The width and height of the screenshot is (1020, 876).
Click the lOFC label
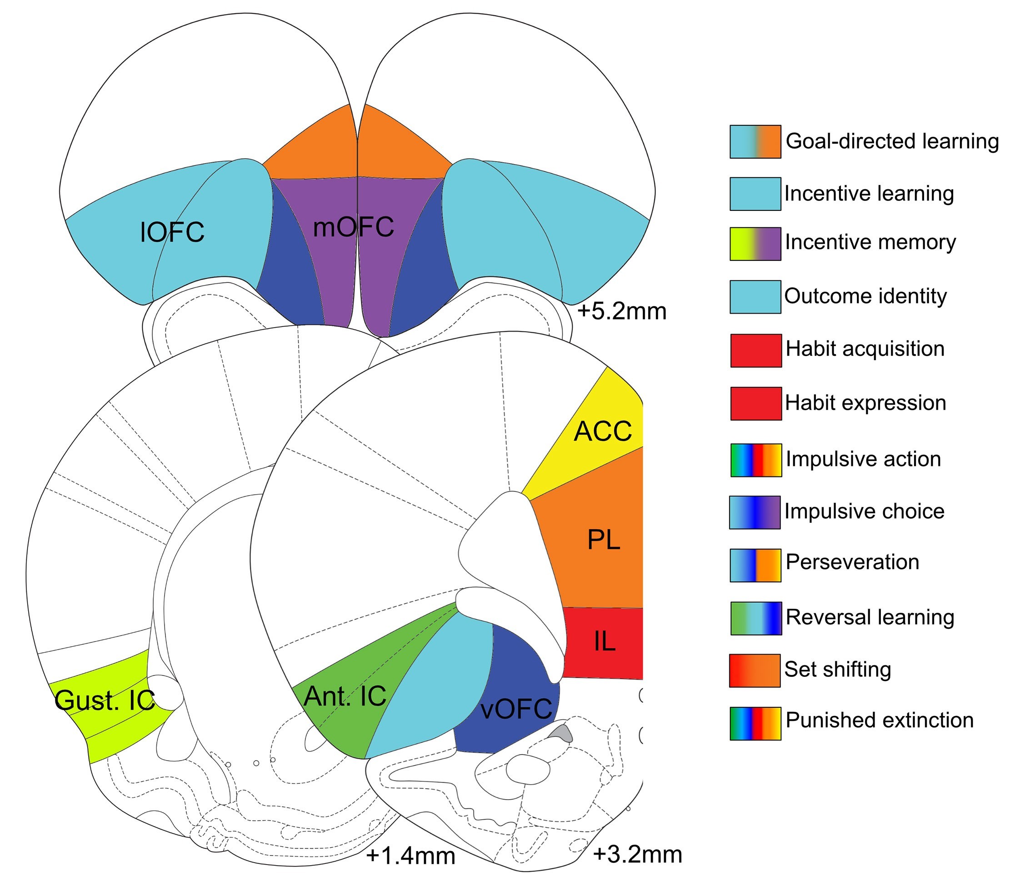(172, 232)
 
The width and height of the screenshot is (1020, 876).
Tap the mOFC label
(354, 227)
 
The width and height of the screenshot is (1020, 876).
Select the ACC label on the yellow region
(603, 432)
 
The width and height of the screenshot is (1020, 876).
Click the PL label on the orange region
(604, 540)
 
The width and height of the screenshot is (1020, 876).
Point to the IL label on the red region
(604, 641)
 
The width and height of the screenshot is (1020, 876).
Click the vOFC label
(516, 709)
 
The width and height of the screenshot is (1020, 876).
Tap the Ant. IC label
(345, 696)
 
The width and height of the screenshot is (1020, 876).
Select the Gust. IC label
(105, 700)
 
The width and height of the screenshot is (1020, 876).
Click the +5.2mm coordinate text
(622, 312)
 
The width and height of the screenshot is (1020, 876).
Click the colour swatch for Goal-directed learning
(755, 142)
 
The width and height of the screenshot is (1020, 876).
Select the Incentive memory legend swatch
(755, 244)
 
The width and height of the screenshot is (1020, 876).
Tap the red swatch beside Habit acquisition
(755, 350)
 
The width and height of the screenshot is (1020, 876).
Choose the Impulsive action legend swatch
(755, 460)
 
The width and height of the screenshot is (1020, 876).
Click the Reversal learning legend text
(870, 617)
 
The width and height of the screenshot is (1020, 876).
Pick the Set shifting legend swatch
(755, 670)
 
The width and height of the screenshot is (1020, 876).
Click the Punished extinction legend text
(879, 721)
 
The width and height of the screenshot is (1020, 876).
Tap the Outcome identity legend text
(865, 296)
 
